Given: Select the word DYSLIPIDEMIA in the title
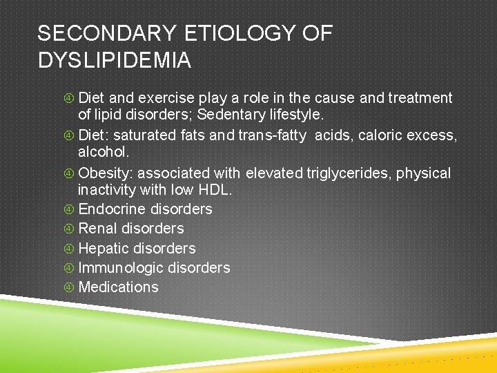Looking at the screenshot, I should [115, 61].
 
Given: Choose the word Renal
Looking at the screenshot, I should [98, 229].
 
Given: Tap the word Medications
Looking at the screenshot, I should [119, 287].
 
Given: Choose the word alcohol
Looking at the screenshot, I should [99, 151].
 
